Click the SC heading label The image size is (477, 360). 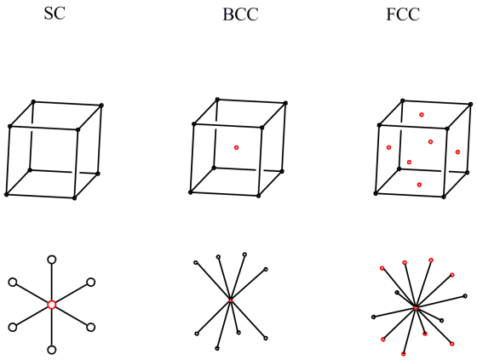[55, 14]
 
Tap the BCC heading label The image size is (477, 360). [240, 14]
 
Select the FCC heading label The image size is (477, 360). [403, 14]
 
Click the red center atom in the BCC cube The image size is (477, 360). [236, 147]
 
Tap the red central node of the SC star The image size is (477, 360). [52, 305]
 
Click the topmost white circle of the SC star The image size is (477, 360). [52, 260]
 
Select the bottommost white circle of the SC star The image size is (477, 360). [52, 350]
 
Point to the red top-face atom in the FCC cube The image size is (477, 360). [422, 115]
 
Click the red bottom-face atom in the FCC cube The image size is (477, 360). [419, 185]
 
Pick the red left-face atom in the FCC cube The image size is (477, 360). [388, 147]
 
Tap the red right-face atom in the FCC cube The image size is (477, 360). [457, 152]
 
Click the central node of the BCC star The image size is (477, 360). [230, 300]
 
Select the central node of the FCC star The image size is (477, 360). [416, 308]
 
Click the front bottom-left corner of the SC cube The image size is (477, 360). [6, 195]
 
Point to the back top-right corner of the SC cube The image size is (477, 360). [101, 106]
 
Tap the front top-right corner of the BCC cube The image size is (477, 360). [262, 128]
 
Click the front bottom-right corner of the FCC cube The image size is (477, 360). [444, 197]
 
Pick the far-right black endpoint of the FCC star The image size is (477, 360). [465, 296]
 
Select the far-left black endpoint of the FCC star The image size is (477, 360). [373, 317]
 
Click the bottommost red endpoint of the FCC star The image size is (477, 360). [404, 354]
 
